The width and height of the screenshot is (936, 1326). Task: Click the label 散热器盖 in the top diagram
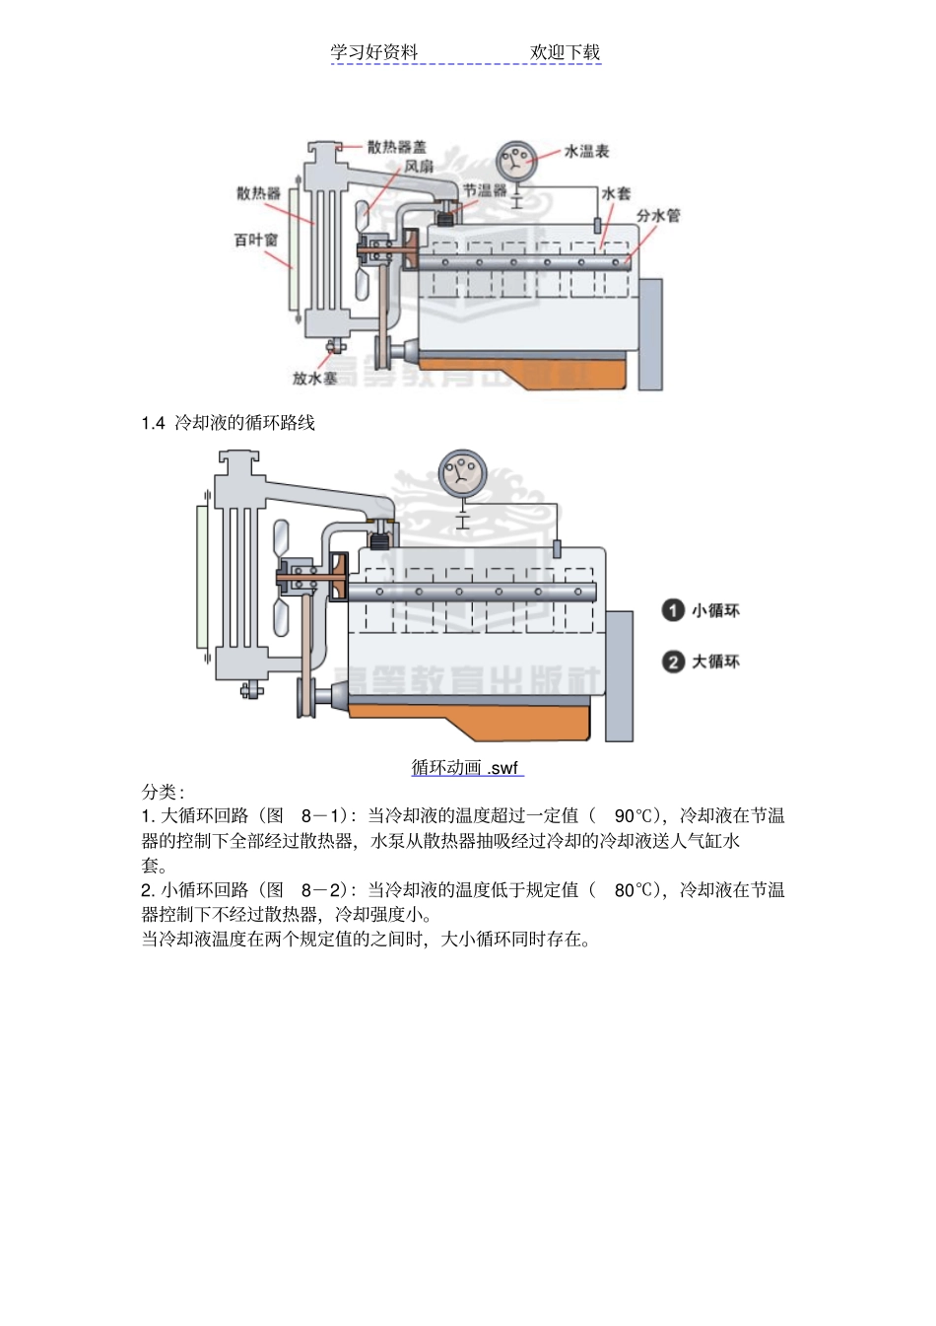[396, 147]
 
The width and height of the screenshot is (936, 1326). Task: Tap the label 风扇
[419, 167]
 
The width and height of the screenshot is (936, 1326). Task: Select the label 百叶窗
[255, 240]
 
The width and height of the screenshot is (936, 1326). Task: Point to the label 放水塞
[314, 378]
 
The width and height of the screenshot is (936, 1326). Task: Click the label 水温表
[586, 151]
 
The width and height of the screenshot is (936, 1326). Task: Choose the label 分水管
[657, 215]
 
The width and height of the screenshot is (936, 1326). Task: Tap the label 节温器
[485, 190]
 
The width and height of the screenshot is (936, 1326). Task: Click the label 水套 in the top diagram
[616, 193]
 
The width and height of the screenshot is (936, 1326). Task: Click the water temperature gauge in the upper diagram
[516, 159]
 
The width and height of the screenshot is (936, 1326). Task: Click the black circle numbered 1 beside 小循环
[673, 610]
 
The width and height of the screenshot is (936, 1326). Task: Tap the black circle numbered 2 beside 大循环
[673, 662]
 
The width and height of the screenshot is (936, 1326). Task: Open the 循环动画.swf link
[465, 767]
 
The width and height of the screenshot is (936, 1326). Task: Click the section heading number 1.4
[153, 423]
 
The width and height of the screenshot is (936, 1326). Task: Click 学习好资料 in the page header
[374, 52]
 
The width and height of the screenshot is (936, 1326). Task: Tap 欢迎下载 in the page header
[565, 52]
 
